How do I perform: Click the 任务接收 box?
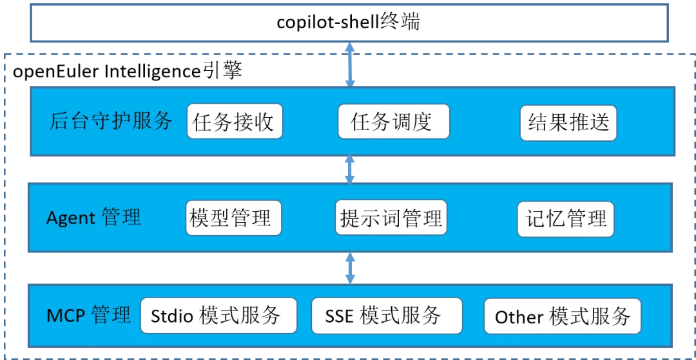click(235, 122)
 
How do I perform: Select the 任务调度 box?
click(393, 122)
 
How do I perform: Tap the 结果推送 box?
click(568, 122)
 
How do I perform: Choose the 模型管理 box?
click(233, 218)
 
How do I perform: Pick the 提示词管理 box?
click(391, 218)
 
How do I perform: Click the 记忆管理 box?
click(565, 218)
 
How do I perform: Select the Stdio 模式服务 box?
click(218, 316)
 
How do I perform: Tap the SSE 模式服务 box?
click(386, 316)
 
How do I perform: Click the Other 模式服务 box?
click(562, 316)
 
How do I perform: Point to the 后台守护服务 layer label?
click(111, 121)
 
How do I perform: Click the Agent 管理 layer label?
click(93, 218)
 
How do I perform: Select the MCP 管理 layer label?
click(89, 316)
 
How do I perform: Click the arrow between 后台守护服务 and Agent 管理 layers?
click(349, 169)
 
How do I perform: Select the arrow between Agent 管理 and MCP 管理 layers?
click(349, 268)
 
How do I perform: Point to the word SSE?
click(339, 316)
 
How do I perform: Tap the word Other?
click(519, 317)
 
